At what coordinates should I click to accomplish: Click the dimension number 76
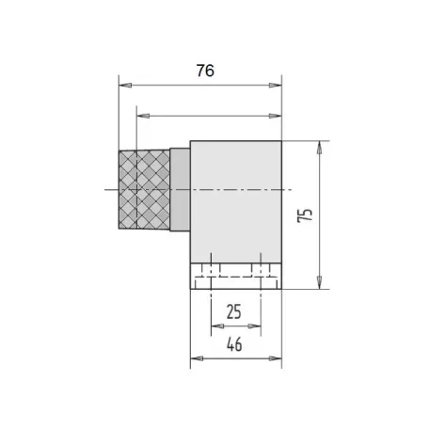205,71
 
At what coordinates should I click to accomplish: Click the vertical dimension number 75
305,215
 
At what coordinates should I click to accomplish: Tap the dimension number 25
234,311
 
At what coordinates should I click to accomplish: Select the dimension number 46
234,344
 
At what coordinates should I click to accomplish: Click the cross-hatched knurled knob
144,190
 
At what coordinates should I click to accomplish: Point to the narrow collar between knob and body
180,190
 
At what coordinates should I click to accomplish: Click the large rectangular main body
236,201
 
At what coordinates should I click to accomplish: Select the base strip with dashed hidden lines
236,276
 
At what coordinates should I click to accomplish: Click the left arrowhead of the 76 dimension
125,85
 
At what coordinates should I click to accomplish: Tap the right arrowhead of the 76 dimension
276,85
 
